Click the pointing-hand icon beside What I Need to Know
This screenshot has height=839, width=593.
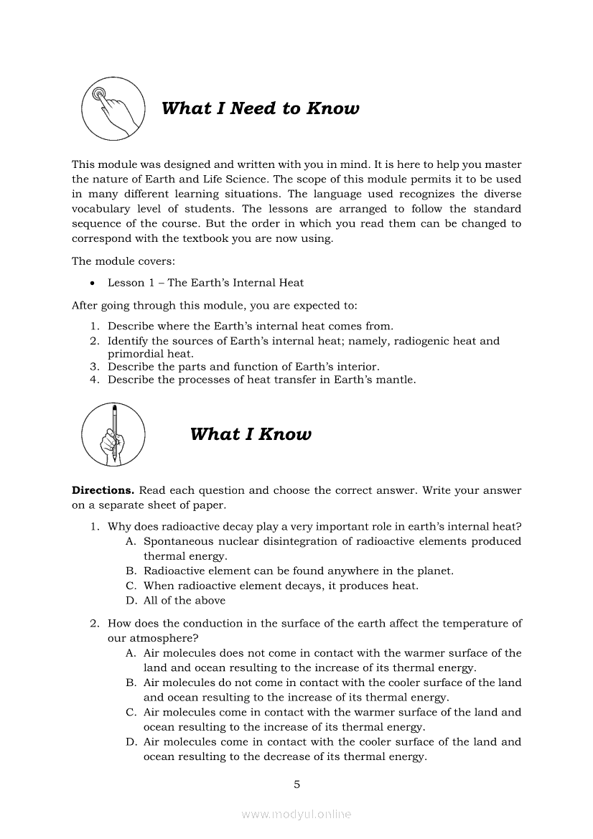point(113,108)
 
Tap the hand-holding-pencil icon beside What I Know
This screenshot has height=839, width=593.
point(113,434)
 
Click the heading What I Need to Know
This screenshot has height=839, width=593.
point(260,108)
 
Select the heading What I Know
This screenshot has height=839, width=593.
point(251,434)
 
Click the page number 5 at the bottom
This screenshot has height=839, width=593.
point(296,784)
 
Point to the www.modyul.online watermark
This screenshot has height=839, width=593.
point(296,814)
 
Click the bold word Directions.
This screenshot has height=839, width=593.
point(103,490)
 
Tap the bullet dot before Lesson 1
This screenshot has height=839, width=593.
point(93,283)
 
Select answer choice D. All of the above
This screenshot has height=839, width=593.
point(184,600)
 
